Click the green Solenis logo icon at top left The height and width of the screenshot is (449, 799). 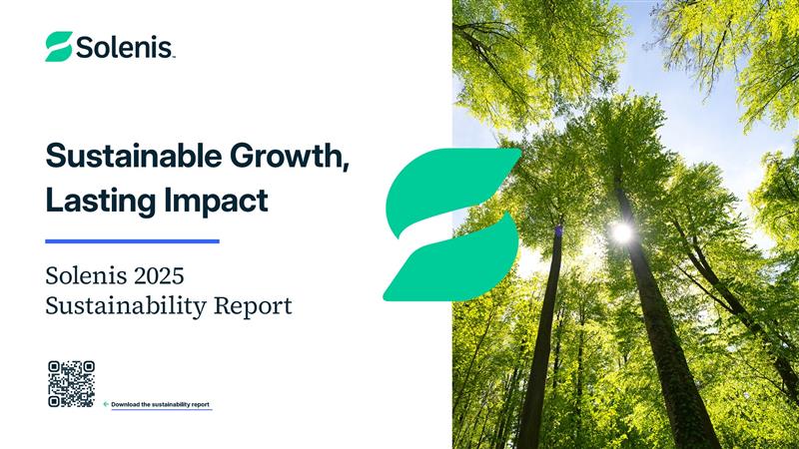pyautogui.click(x=59, y=46)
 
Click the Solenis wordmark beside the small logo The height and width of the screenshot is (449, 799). pyautogui.click(x=126, y=47)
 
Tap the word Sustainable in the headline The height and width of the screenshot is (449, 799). pyautogui.click(x=134, y=156)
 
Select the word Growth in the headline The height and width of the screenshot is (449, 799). pyautogui.click(x=289, y=157)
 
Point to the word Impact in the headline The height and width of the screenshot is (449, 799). pyautogui.click(x=216, y=202)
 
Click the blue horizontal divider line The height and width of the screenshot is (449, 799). pyautogui.click(x=133, y=241)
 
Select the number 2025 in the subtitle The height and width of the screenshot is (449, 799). pyautogui.click(x=159, y=276)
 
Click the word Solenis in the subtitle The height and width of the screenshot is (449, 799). pyautogui.click(x=86, y=276)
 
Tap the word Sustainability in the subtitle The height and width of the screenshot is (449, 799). pyautogui.click(x=126, y=307)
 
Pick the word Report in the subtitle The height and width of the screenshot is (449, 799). pyautogui.click(x=253, y=307)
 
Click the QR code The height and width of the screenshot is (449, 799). pyautogui.click(x=71, y=384)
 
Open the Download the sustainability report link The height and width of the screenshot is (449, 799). pyautogui.click(x=160, y=405)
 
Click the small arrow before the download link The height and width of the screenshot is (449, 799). pyautogui.click(x=106, y=404)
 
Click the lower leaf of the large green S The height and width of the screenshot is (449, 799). pyautogui.click(x=451, y=259)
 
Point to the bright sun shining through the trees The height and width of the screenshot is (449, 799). pyautogui.click(x=622, y=232)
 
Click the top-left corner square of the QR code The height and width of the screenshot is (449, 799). pyautogui.click(x=54, y=366)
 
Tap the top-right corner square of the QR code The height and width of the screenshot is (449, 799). pyautogui.click(x=89, y=366)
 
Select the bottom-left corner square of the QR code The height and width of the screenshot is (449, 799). pyautogui.click(x=54, y=402)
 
